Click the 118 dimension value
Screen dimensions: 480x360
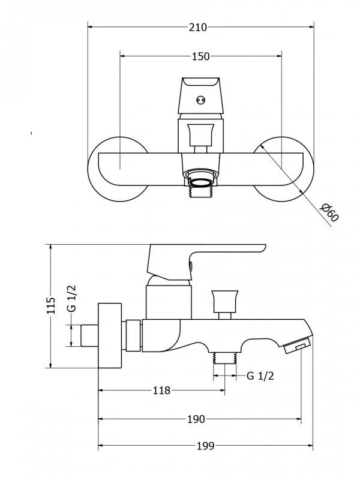point(161,391)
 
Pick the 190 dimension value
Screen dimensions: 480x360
point(196,419)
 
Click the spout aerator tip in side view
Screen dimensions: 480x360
point(298,345)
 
